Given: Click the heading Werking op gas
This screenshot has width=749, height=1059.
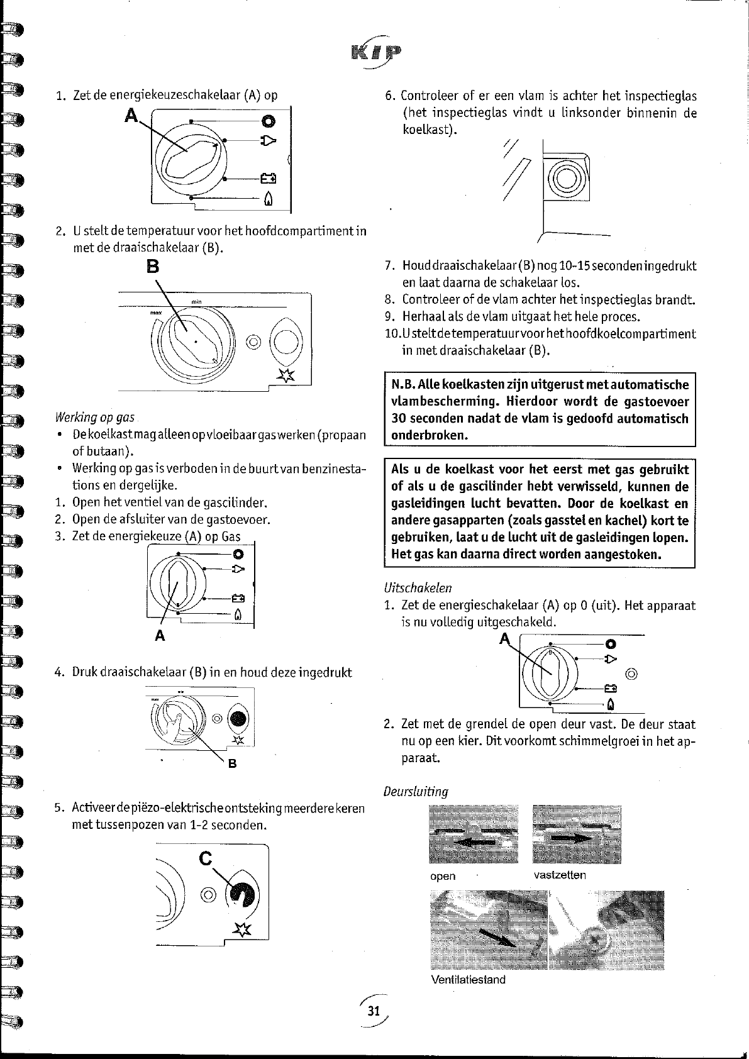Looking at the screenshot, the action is tap(95, 418).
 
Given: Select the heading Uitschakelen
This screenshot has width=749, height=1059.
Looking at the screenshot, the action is tap(418, 587).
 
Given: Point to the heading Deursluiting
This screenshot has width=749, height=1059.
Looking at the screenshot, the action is tap(416, 791).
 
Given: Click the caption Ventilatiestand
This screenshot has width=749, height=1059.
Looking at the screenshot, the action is tap(468, 979).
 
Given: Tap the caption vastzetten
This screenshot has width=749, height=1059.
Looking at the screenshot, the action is tap(560, 875).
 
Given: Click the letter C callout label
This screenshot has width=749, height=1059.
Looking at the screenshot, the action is tap(206, 858).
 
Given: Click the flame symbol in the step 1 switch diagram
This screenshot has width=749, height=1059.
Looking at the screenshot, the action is tap(268, 199).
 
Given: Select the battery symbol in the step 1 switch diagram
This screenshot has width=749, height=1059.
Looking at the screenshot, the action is tap(268, 178).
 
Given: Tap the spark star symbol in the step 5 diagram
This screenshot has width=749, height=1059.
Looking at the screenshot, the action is tap(241, 929).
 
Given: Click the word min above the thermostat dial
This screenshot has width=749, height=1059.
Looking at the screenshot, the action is tap(197, 302).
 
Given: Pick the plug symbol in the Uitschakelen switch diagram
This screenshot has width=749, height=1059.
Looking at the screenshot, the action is tap(611, 658).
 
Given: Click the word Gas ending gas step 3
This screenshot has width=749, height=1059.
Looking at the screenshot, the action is tap(231, 536).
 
